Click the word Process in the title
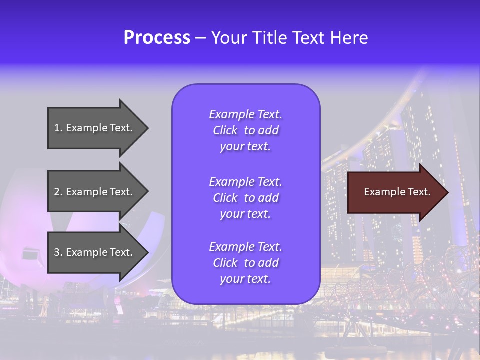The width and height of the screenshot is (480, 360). tap(157, 38)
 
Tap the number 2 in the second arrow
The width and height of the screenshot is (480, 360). tap(57, 192)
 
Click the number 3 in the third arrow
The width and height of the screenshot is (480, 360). tap(57, 252)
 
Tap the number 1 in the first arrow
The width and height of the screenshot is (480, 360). tap(57, 128)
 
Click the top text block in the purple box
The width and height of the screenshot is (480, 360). tap(245, 130)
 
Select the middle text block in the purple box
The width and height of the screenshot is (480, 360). tap(245, 198)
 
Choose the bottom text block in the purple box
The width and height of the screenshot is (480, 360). tap(245, 263)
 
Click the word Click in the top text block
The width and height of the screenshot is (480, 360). tap(225, 130)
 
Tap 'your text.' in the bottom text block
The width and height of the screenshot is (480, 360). tap(245, 279)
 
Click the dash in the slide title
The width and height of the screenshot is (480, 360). tap(200, 38)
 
